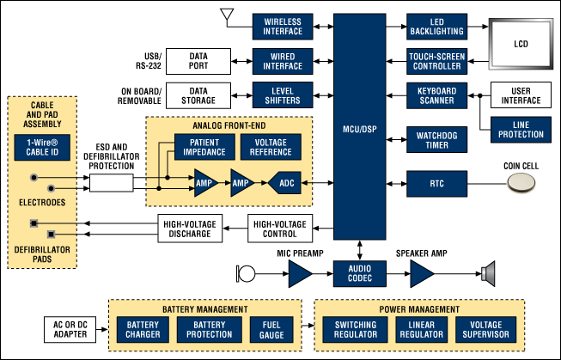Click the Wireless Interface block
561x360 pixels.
coord(283,27)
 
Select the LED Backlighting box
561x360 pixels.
coord(436,27)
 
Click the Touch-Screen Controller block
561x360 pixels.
coord(436,59)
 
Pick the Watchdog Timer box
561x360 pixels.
coord(436,140)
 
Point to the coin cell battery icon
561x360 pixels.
coord(523,183)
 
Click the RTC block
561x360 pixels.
coord(436,182)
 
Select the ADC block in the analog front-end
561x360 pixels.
coord(285,182)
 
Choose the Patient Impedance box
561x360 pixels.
coord(204,146)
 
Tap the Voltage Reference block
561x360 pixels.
coord(270,146)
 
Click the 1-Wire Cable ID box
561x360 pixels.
coord(42,146)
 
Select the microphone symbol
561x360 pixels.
coord(244,274)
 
